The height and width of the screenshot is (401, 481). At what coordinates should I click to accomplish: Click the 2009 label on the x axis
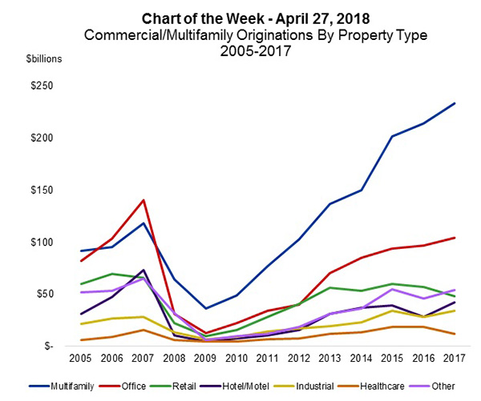click(208, 359)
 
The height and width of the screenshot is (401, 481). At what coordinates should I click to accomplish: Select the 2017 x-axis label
click(454, 359)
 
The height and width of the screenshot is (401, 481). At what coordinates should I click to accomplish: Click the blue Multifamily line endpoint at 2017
click(454, 103)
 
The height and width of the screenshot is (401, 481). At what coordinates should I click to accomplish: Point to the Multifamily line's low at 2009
click(208, 308)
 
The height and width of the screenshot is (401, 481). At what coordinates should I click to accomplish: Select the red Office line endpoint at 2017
click(454, 238)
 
